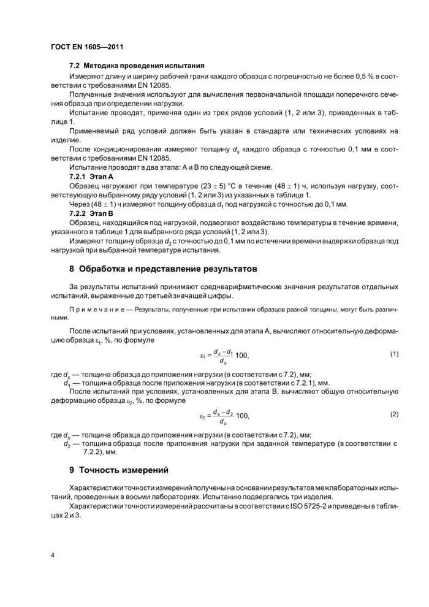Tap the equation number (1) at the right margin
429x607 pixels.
(394, 354)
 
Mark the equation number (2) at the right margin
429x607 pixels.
(394, 414)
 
